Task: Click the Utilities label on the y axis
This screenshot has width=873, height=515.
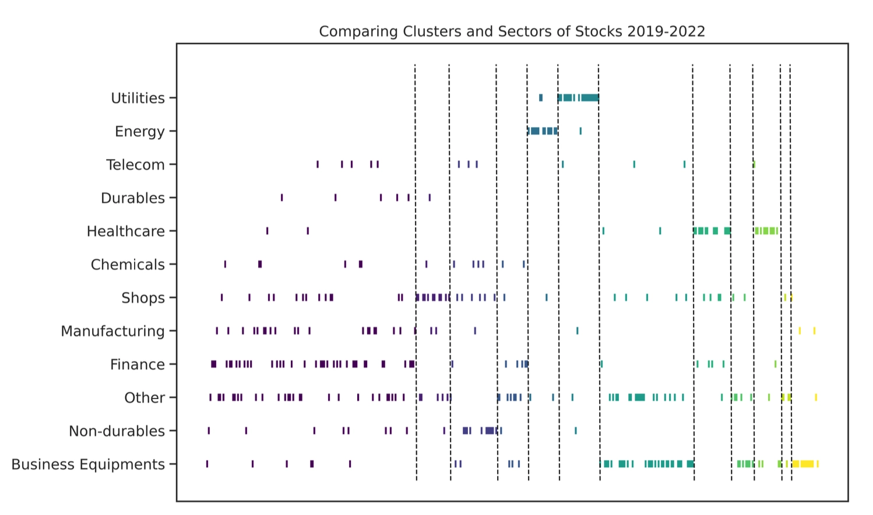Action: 138,98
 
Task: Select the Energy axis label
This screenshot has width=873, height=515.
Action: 140,131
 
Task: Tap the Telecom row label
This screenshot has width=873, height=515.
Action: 135,165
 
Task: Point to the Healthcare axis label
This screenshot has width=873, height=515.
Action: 126,231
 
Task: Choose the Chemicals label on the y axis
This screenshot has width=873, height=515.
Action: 128,264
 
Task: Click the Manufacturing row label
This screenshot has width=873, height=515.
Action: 112,331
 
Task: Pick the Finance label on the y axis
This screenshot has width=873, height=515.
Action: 138,365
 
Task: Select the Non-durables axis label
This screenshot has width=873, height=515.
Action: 117,431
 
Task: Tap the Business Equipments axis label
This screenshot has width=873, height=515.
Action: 88,464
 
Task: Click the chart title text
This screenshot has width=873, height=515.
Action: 512,31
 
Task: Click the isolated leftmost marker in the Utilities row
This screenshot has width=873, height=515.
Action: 541,98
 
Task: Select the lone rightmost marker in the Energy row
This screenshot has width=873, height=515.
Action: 580,131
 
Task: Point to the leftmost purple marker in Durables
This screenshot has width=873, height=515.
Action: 282,197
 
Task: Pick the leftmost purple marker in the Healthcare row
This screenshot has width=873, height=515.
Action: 267,231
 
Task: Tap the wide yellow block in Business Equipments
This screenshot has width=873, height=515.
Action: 804,464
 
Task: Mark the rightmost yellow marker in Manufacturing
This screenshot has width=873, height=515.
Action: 814,331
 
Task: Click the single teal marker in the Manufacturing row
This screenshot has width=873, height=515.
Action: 578,331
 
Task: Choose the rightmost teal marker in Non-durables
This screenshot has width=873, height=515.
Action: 576,431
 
